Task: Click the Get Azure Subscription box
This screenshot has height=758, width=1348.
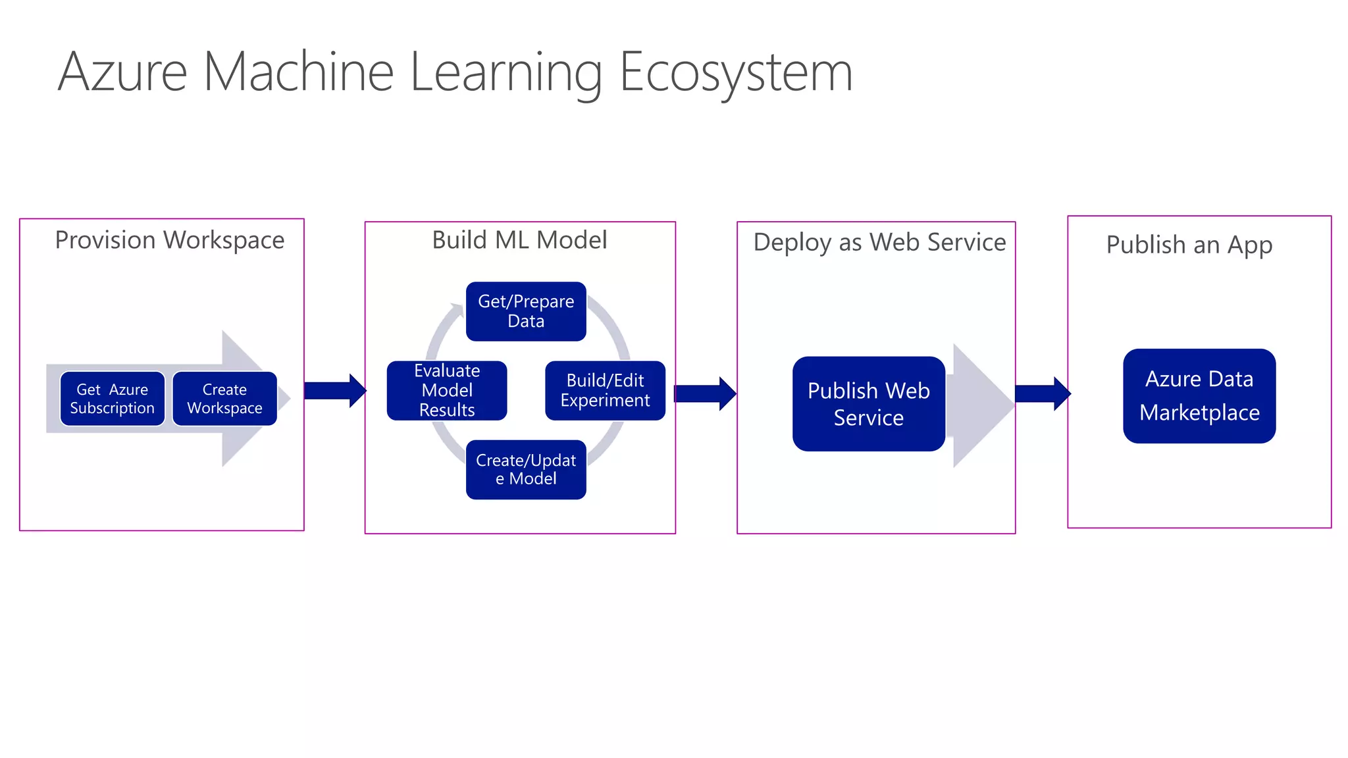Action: coord(112,399)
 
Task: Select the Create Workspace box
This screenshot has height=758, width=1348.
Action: coord(224,399)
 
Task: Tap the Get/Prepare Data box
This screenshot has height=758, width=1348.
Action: coord(526,311)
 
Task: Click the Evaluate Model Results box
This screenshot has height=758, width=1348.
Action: coord(447,390)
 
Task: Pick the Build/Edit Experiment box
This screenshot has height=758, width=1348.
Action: coord(605,390)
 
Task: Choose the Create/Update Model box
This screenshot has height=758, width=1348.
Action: coord(526,469)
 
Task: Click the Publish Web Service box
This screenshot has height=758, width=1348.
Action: coord(868,404)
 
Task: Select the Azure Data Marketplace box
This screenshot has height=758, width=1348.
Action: coord(1199,395)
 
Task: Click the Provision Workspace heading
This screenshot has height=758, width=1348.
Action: coord(170,240)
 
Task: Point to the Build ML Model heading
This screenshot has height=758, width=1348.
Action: coord(519,240)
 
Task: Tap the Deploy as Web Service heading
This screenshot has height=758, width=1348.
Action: coord(879,242)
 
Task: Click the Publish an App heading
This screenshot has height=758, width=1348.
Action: coord(1189,245)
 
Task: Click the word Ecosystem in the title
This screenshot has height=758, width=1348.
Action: coord(735,72)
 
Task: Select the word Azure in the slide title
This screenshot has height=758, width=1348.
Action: coord(123,72)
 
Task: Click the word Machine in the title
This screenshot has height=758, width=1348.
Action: coord(298,72)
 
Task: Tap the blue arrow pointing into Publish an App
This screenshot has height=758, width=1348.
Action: coord(1043,393)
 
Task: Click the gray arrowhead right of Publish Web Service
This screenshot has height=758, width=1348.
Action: coord(981,405)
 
